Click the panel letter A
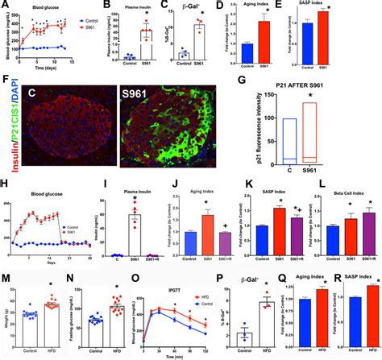tap(6, 6)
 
